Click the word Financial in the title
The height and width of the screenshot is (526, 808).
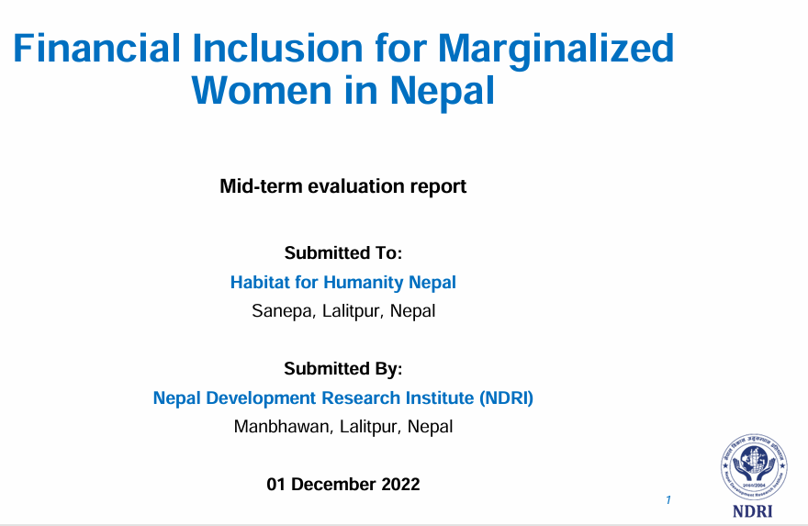coord(97,48)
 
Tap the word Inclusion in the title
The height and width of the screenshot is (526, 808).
coord(278,48)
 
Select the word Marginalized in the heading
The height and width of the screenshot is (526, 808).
coord(556,50)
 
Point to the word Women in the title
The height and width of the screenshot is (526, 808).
coord(262,91)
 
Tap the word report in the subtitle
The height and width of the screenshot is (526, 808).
coord(439,187)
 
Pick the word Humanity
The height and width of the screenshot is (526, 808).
coord(364,283)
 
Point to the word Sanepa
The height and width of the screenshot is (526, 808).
coord(284,312)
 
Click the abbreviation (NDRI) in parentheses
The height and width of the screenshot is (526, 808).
coord(506,398)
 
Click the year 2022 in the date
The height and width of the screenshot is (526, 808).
coord(400,485)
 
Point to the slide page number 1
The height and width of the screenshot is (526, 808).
coord(668,499)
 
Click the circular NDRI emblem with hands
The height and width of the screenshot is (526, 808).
coord(754,466)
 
